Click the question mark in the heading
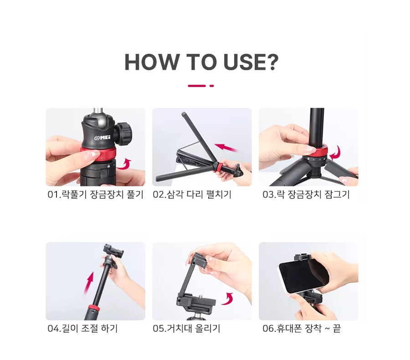pyautogui.click(x=272, y=62)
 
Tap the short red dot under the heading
pyautogui.click(x=212, y=86)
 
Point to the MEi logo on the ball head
pyautogui.click(x=102, y=138)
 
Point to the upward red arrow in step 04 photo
pyautogui.click(x=89, y=283)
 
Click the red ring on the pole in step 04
pyautogui.click(x=93, y=308)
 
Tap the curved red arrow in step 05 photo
pyautogui.click(x=228, y=298)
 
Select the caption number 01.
pyautogui.click(x=54, y=195)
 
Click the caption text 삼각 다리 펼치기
pyautogui.click(x=199, y=195)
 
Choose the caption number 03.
pyautogui.click(x=268, y=195)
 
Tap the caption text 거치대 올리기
pyautogui.click(x=193, y=329)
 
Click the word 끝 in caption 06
pyautogui.click(x=337, y=329)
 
